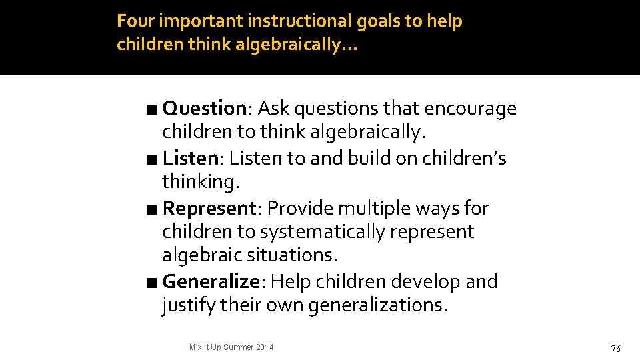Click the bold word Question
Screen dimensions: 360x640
point(205,108)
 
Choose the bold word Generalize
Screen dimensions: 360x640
point(211,281)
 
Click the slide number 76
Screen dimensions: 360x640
point(615,349)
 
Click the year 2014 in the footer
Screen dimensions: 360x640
point(264,347)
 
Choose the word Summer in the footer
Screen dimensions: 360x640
point(239,347)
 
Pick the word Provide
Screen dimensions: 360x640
point(300,208)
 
